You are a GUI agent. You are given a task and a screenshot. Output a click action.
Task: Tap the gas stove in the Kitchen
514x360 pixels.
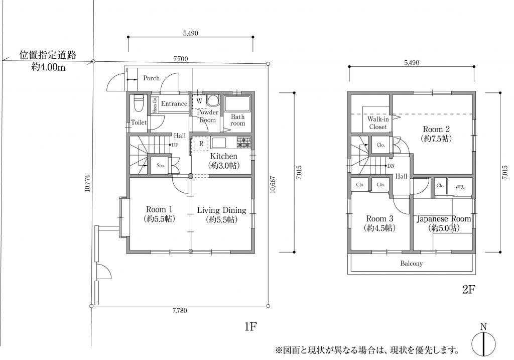244,142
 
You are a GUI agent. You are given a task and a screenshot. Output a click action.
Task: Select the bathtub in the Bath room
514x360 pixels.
237,104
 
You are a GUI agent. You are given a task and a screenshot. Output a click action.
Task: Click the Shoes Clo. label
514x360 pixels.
155,105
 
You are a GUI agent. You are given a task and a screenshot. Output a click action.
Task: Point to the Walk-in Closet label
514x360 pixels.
378,123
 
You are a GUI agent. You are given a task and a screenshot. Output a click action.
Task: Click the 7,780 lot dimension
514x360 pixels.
180,311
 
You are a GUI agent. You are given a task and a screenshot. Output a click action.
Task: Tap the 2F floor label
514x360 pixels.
468,289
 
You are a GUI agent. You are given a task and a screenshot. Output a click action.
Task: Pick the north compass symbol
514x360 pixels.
483,342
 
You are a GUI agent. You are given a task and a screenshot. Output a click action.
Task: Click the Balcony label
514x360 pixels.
412,263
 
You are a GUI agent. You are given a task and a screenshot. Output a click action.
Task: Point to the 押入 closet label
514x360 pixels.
460,187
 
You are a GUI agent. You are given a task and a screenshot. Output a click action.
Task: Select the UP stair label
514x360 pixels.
175,145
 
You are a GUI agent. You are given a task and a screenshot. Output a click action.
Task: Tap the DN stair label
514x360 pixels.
391,166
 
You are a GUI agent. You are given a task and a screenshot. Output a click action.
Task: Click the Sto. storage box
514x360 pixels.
160,165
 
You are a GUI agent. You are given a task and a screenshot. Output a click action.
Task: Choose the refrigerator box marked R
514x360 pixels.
201,144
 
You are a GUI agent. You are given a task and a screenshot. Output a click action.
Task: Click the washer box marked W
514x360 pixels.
199,101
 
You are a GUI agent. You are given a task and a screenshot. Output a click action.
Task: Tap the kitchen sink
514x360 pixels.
218,143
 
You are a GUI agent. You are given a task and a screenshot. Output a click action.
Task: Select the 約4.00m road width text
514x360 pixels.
48,67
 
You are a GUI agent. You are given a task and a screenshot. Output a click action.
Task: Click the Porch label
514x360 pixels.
151,78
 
